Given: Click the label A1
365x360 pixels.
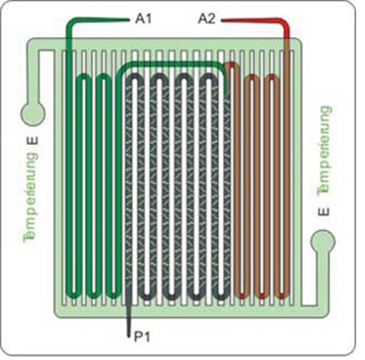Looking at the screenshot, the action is coord(143,19).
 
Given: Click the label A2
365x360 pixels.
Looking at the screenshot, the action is coord(206,19).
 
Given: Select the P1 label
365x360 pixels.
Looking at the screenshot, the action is coord(142,337).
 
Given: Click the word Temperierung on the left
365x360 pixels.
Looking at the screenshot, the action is coord(31,196).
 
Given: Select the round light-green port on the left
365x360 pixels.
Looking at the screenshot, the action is coord(33,114).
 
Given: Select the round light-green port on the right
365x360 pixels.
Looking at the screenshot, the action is coord(323,241).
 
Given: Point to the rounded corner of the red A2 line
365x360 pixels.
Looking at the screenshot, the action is coord(285,23).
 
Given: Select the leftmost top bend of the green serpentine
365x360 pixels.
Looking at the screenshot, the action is coord(84,78).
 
